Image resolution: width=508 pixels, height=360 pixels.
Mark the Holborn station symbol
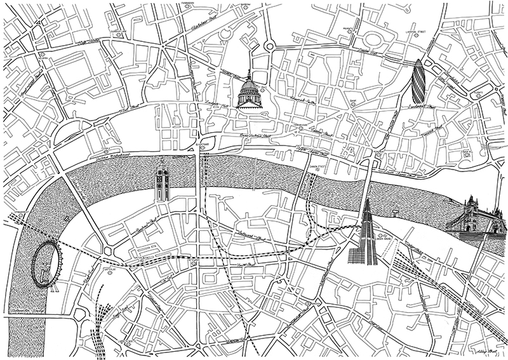(41, 54)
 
